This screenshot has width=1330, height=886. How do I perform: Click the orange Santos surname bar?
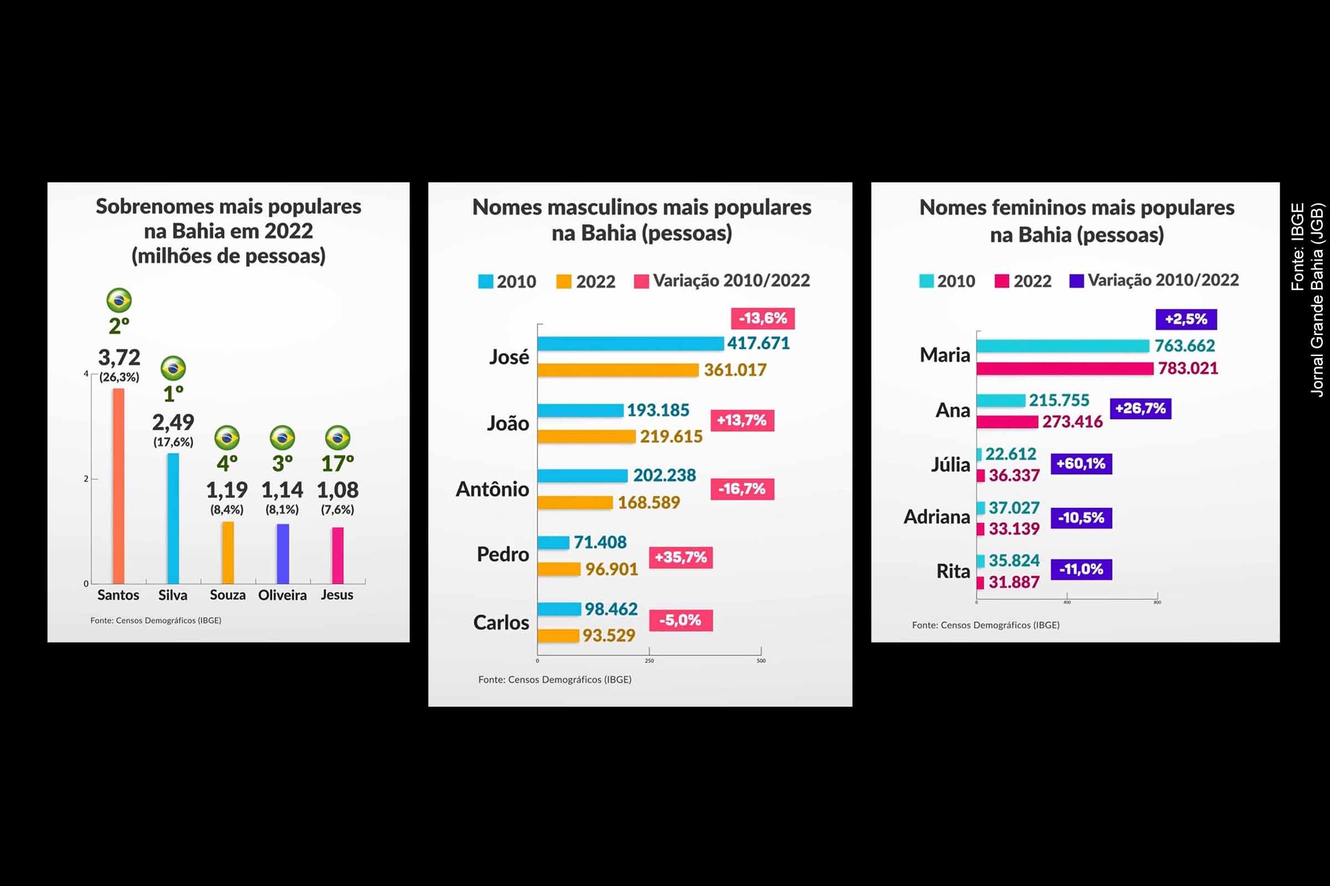point(118,486)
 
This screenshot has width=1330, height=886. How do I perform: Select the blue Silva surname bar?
point(173,518)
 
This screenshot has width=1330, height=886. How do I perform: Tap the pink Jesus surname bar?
point(337,555)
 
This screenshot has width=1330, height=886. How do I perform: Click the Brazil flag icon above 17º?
point(337,438)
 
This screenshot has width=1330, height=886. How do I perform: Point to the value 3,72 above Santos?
point(119,357)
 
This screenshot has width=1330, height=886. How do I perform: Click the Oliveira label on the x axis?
point(282,595)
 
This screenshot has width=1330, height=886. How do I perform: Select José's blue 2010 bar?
point(630,343)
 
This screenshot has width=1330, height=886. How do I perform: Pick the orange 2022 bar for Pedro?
point(559,569)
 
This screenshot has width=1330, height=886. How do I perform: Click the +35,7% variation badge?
point(681,557)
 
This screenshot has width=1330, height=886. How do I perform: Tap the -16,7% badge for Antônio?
point(742,489)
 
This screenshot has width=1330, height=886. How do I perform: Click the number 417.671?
point(758,343)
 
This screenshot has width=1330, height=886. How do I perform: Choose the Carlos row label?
point(501,622)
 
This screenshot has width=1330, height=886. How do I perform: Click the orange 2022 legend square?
point(563,281)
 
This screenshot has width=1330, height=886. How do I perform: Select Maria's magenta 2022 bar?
point(1064,368)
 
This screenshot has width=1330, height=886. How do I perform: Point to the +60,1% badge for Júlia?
point(1081,464)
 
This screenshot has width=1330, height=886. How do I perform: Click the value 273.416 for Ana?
point(1072,421)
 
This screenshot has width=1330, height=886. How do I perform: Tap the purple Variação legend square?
point(1076,281)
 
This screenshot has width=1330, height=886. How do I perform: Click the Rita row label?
point(953,571)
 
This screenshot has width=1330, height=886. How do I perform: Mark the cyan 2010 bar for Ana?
point(1000,400)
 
